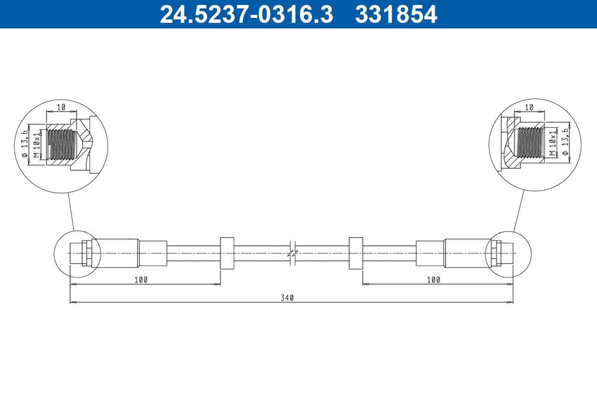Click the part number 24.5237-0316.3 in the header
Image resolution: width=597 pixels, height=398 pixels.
[x=247, y=14]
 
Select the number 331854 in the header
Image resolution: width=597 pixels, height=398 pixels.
[x=396, y=14]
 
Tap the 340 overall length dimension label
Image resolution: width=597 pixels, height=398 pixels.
[x=287, y=297]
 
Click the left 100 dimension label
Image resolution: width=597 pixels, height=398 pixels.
[x=141, y=280]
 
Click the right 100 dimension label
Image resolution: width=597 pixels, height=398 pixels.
[x=434, y=280]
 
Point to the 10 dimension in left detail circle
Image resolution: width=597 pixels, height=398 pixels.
[x=61, y=106]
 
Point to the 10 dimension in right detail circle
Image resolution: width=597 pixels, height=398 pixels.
[x=529, y=106]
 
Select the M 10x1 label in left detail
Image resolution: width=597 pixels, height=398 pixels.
[x=38, y=145]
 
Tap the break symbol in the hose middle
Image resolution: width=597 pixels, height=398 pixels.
[x=294, y=253]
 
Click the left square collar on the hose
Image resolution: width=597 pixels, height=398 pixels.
[x=227, y=253]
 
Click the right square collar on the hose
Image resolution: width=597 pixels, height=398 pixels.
[x=356, y=253]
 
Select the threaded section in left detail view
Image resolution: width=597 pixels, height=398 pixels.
[x=60, y=144]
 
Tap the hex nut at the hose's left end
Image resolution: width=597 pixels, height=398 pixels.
[x=86, y=253]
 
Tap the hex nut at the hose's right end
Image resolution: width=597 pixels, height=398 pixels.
[x=496, y=253]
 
